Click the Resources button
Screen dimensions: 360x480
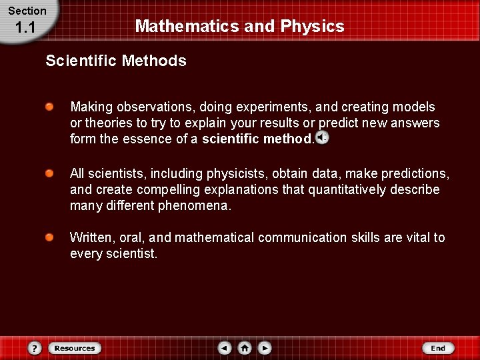pyautogui.click(x=75, y=348)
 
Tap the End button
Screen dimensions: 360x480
pyautogui.click(x=438, y=348)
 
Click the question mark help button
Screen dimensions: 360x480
pyautogui.click(x=35, y=348)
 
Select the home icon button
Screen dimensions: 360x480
pyautogui.click(x=245, y=348)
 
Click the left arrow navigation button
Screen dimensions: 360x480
pyautogui.click(x=225, y=348)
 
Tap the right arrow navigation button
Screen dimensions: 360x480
pyautogui.click(x=265, y=348)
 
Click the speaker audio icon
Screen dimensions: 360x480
pyautogui.click(x=322, y=138)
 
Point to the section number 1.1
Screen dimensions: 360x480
pyautogui.click(x=25, y=28)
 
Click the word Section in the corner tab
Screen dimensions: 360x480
pyautogui.click(x=27, y=11)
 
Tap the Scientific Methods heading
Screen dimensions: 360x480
pyautogui.click(x=116, y=61)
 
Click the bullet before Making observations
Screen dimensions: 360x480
pyautogui.click(x=50, y=107)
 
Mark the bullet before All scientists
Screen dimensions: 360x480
pyautogui.click(x=50, y=173)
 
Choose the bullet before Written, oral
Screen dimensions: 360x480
pyautogui.click(x=50, y=237)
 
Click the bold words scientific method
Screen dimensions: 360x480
pyautogui.click(x=257, y=139)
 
